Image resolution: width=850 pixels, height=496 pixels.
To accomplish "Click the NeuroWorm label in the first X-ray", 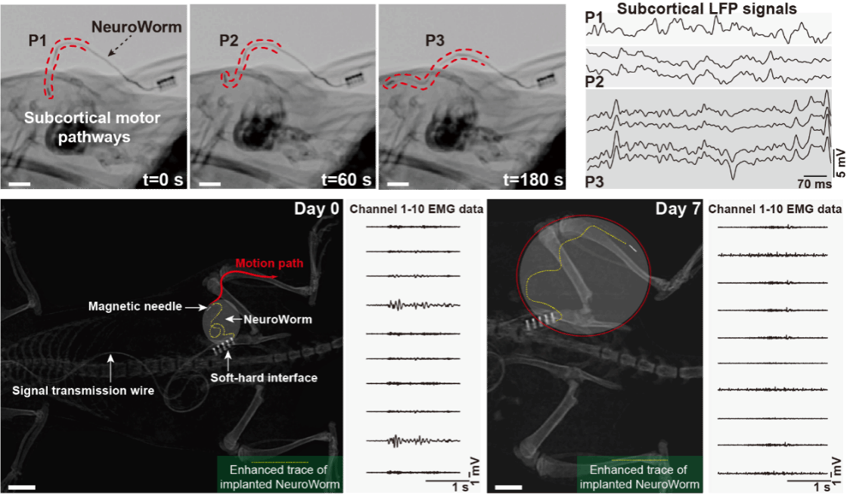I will click(x=136, y=28).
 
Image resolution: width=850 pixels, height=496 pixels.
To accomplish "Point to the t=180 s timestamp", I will click(x=533, y=180).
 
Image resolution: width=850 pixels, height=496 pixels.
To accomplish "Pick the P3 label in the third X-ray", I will click(x=435, y=39).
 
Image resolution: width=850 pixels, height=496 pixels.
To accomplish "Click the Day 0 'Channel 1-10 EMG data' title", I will click(x=415, y=209).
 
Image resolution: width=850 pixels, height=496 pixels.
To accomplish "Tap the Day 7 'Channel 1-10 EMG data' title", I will click(x=778, y=209).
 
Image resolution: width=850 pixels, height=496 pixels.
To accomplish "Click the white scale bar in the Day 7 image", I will click(x=508, y=485).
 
